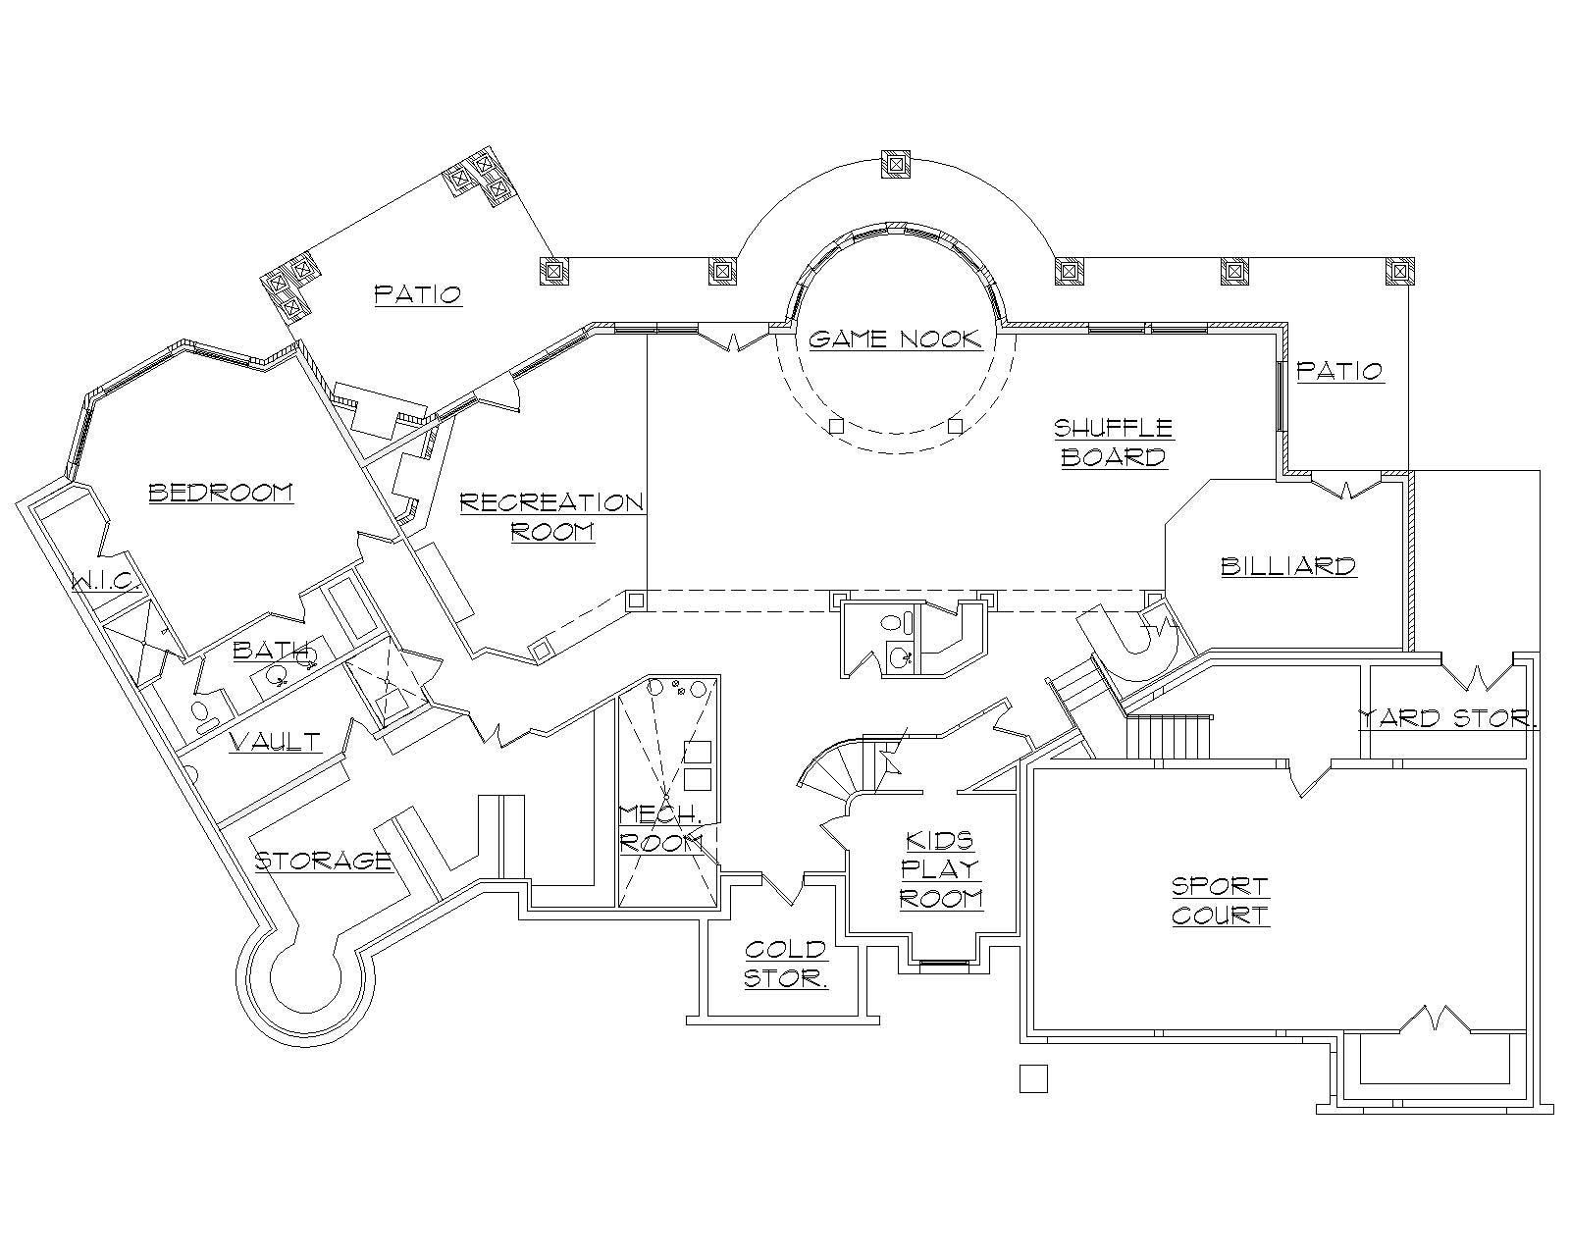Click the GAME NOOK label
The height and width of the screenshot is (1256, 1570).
(894, 340)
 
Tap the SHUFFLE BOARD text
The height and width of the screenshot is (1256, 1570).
(1114, 443)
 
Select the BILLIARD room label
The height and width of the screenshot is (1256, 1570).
(1288, 566)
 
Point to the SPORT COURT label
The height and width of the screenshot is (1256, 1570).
(1221, 901)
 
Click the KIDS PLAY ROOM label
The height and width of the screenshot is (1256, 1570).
(940, 869)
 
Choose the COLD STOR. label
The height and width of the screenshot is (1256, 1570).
(786, 964)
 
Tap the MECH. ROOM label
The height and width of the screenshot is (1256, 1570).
(660, 828)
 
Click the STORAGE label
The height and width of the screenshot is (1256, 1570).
(323, 861)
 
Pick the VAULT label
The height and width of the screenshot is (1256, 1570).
(275, 741)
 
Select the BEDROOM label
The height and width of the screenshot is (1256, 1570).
(221, 492)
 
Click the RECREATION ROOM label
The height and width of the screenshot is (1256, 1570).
(552, 517)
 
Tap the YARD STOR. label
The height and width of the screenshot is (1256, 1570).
(1447, 718)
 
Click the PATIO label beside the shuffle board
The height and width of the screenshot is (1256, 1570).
(1339, 371)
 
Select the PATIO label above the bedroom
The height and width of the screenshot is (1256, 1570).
(418, 293)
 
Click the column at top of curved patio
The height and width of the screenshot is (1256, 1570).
(897, 166)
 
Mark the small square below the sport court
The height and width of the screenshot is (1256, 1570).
(1033, 1078)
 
